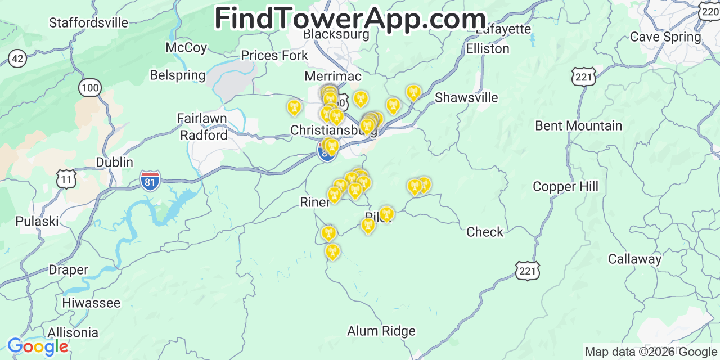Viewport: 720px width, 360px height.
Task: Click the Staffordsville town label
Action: point(88,23)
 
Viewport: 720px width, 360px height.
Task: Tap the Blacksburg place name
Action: point(336,34)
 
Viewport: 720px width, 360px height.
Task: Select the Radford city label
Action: point(204,136)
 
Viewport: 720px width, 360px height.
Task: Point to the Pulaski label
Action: point(37,221)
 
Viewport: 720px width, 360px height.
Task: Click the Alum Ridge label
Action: point(381,331)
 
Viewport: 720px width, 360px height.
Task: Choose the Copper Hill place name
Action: point(565,187)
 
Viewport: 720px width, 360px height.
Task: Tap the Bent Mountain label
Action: point(578,125)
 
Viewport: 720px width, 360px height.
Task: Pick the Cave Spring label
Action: point(665,37)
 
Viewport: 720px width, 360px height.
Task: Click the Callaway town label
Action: point(634,259)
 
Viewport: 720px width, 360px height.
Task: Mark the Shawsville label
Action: point(466,98)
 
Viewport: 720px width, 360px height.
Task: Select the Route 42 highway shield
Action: point(17,58)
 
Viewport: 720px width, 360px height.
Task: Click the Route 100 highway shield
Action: point(90,87)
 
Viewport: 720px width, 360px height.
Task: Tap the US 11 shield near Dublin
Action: point(66,179)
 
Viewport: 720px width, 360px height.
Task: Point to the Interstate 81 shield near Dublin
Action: point(150,181)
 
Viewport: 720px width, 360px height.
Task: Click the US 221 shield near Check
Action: point(527,271)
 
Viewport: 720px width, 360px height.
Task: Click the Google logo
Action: point(37,347)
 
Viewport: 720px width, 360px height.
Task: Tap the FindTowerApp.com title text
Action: point(350,19)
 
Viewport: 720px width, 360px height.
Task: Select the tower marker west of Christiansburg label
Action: point(294,107)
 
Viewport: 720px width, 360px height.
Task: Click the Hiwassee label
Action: point(91,303)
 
